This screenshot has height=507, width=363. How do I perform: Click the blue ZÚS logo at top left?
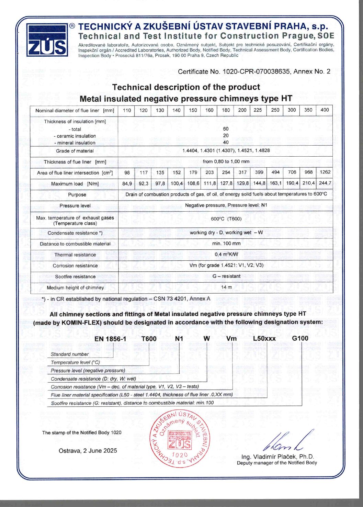(x=47, y=40)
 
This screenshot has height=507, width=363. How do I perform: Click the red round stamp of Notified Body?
(x=180, y=438)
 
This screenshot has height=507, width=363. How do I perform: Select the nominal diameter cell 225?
(x=258, y=110)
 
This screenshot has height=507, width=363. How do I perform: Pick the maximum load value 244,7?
(x=325, y=183)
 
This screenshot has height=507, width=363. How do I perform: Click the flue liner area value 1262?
(x=325, y=172)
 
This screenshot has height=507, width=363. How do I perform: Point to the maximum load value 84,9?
(x=127, y=183)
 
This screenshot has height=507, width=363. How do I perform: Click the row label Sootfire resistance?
(x=75, y=277)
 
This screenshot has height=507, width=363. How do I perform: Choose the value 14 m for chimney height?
(x=226, y=287)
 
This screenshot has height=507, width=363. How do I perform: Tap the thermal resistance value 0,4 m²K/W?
(x=226, y=255)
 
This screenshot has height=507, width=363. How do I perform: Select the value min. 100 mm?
(x=226, y=244)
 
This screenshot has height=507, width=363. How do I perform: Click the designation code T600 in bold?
(x=149, y=339)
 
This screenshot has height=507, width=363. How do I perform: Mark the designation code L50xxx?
(x=264, y=339)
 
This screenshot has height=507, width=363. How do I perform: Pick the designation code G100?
(x=300, y=338)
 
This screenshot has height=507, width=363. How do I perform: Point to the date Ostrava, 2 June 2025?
(x=88, y=451)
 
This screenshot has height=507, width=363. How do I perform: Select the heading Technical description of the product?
(x=186, y=87)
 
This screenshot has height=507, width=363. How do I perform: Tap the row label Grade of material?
(x=75, y=151)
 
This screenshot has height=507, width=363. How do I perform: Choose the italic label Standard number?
(x=70, y=354)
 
